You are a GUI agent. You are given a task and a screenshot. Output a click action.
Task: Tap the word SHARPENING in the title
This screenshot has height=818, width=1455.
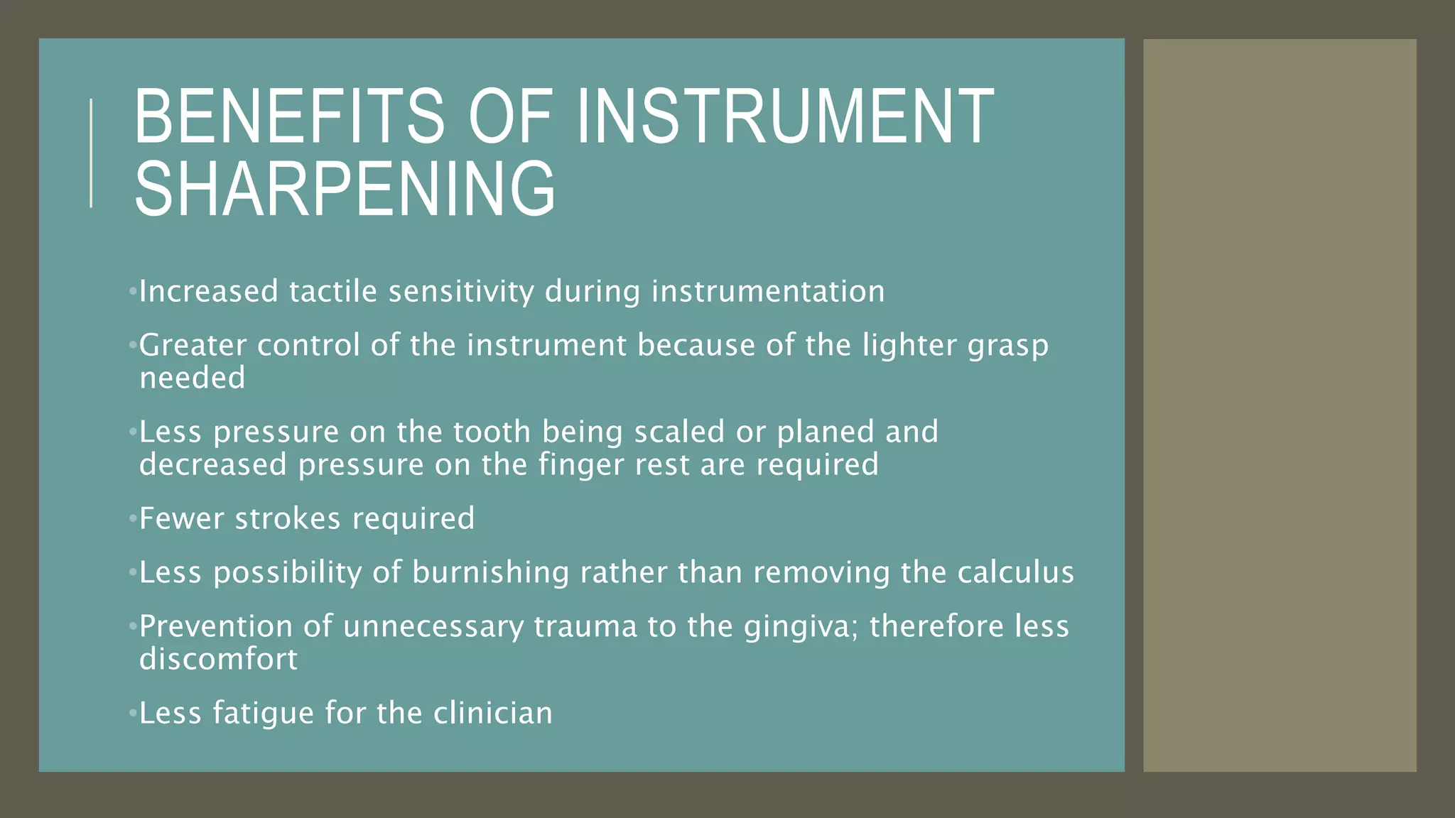(345, 189)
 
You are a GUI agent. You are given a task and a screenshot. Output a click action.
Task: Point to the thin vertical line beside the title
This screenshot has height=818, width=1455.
(91, 153)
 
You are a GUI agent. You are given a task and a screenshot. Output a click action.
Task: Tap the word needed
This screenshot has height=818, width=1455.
(192, 378)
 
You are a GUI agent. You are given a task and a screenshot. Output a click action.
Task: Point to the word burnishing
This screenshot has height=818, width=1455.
(490, 573)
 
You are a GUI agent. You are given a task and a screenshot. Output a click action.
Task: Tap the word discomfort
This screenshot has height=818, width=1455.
(218, 659)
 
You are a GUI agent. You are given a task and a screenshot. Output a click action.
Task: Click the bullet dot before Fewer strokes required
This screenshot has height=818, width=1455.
(132, 519)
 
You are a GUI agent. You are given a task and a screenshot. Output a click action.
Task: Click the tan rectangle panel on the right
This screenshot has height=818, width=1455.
(1279, 405)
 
